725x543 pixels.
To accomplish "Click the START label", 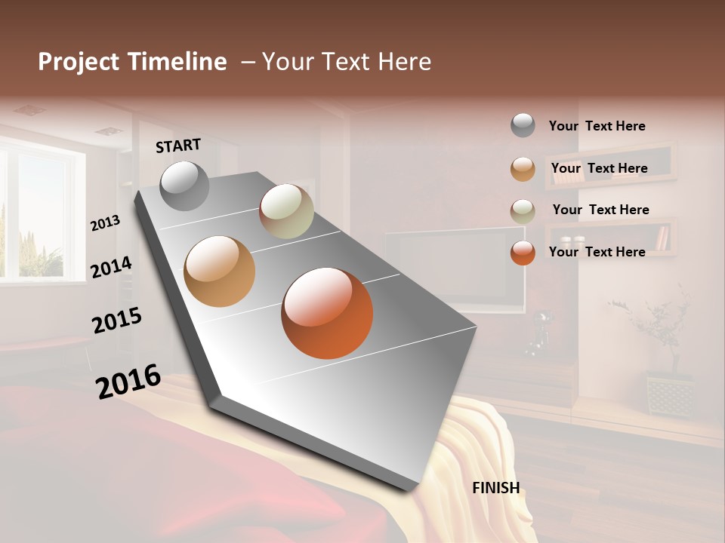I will pos(178,146).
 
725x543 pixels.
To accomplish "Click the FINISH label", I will pos(495,488).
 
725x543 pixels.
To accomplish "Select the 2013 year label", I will pos(106,223).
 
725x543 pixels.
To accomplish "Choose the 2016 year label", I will pos(128,381).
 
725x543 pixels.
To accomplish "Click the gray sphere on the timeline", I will pos(184,186).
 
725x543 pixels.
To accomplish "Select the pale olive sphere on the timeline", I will pos(286,211).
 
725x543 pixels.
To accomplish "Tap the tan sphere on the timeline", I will pos(219,271).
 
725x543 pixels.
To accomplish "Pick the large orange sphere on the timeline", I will pos(327,313).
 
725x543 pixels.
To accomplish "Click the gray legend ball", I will pos(523,126).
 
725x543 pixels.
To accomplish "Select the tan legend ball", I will pos(523,169).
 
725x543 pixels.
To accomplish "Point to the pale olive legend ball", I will pos(523,211).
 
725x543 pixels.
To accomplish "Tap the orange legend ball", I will pos(523,253).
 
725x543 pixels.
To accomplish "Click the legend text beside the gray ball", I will pos(597,127).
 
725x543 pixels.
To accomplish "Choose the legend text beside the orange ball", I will pos(597,252).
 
